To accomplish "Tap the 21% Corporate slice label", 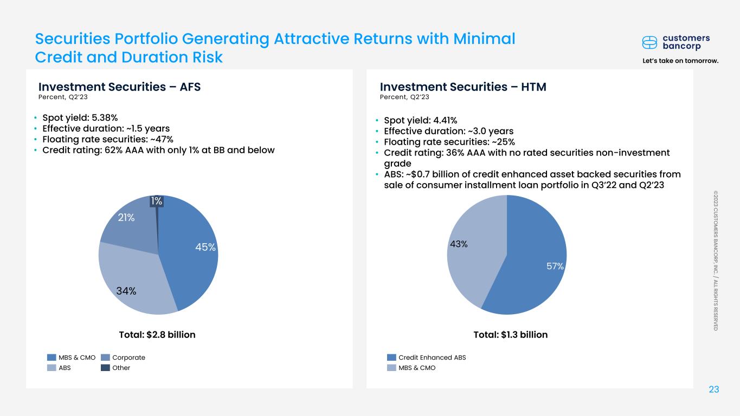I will tap(127, 218).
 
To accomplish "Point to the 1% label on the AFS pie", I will tap(156, 201).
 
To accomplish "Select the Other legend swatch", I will tap(105, 368).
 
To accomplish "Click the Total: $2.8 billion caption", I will tap(157, 335).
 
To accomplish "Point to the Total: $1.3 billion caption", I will tap(510, 335).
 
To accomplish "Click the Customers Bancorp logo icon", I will tap(649, 42).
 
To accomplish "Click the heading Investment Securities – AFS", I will tap(119, 87).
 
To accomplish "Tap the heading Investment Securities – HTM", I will tap(462, 87).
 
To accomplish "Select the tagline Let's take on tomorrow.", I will tap(679, 61).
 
